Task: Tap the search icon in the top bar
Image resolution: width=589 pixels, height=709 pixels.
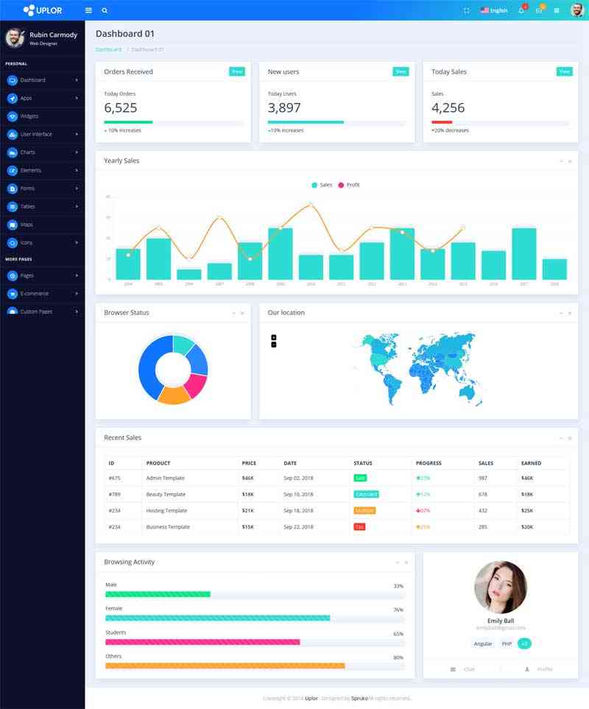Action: (x=105, y=11)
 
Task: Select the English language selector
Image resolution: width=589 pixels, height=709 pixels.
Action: (x=494, y=11)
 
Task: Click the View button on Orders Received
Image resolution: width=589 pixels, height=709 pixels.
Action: (x=237, y=71)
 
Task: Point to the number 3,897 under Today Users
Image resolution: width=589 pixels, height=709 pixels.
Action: (x=284, y=108)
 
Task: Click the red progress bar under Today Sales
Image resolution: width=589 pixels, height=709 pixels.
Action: (x=442, y=122)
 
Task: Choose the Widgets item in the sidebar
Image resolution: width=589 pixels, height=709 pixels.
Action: (x=29, y=116)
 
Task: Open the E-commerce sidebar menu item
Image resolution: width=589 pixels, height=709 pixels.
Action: (x=34, y=294)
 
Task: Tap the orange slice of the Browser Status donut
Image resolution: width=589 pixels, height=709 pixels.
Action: (x=174, y=395)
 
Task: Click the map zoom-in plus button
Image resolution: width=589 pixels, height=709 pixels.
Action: (x=274, y=337)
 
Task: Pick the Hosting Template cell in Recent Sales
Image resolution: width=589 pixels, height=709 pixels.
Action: (x=166, y=511)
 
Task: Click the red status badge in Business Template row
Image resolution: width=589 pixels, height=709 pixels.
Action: (x=359, y=527)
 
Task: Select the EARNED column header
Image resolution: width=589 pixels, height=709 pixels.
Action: (x=531, y=463)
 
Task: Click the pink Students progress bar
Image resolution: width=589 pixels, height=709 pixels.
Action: (x=202, y=642)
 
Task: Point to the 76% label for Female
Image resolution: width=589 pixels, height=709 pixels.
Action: (x=398, y=610)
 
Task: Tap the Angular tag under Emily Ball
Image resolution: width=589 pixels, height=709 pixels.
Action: (x=483, y=643)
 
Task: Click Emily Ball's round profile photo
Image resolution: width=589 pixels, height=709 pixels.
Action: (x=501, y=588)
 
